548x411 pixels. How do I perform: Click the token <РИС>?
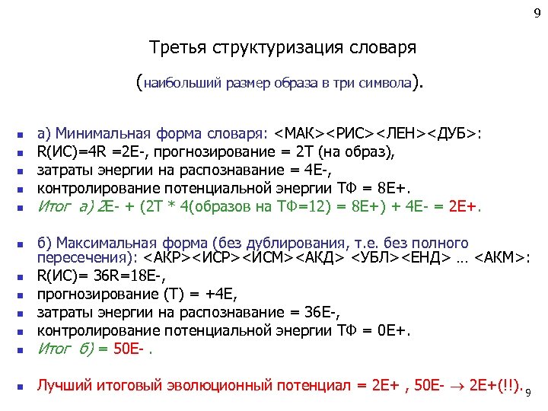354,134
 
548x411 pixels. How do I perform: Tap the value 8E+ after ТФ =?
391,187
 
